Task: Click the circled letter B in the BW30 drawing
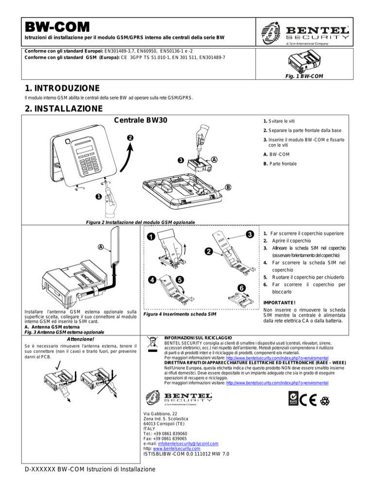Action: tap(227, 188)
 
